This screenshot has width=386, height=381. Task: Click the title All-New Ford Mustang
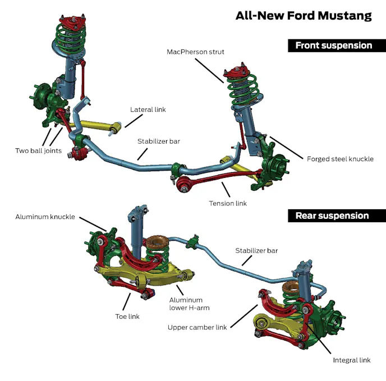[304, 15]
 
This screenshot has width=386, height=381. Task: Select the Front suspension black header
[333, 45]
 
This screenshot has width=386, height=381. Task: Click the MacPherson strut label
[195, 52]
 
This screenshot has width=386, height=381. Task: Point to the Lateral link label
[148, 109]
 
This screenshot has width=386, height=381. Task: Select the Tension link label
[228, 203]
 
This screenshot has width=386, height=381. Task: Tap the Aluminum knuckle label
[45, 217]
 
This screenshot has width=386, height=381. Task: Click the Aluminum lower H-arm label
[186, 304]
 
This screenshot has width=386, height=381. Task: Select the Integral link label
[352, 360]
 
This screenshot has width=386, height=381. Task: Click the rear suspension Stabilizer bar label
[256, 250]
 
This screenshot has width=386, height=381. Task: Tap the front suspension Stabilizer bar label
[159, 141]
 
